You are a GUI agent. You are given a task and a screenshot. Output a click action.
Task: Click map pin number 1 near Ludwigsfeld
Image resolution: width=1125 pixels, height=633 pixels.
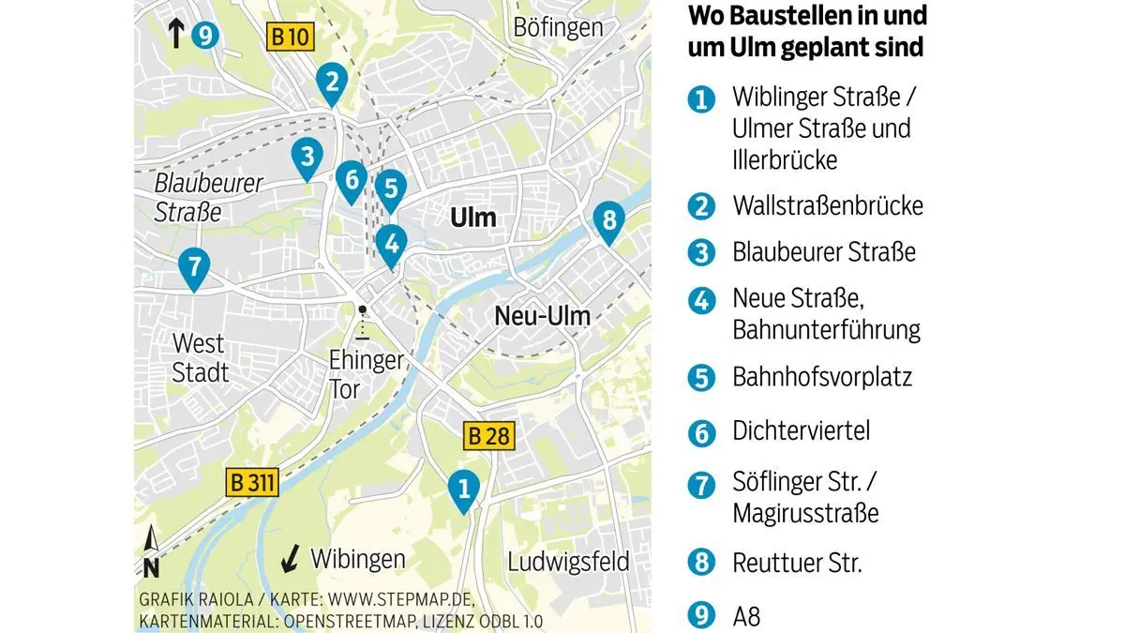pos(461,489)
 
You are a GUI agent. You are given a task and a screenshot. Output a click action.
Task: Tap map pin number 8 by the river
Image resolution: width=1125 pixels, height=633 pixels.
pos(608,222)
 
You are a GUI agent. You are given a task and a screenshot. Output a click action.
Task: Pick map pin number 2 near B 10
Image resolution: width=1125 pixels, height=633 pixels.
pos(330,82)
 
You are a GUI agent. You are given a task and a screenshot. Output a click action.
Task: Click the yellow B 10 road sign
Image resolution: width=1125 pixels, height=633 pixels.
pos(289,38)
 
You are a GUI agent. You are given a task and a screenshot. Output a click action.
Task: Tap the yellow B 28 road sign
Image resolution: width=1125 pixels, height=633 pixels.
pos(487,436)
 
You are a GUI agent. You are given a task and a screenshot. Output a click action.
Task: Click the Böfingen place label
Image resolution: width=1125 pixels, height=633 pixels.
pos(558,27)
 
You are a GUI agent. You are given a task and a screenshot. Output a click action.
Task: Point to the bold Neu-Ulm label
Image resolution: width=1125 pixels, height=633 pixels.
pos(543,316)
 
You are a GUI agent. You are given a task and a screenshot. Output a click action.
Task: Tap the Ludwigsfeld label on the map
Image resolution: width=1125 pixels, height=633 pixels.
pos(568,562)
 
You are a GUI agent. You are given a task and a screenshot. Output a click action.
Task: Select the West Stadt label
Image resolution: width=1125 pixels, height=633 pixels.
pos(199,357)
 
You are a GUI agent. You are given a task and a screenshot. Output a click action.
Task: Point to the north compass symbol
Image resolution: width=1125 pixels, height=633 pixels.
pos(151,552)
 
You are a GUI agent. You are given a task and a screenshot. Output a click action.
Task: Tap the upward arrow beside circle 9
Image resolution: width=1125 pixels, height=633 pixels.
pos(175,34)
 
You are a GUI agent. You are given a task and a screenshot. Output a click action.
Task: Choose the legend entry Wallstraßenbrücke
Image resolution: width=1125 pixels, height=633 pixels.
pos(828,205)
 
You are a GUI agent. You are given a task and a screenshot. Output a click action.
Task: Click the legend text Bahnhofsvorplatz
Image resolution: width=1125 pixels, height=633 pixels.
pos(821,377)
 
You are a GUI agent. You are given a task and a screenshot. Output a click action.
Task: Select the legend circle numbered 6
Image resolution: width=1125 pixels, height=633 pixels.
pos(700,432)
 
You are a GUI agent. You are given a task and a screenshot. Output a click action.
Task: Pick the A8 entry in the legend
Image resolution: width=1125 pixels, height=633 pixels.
pos(747,618)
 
